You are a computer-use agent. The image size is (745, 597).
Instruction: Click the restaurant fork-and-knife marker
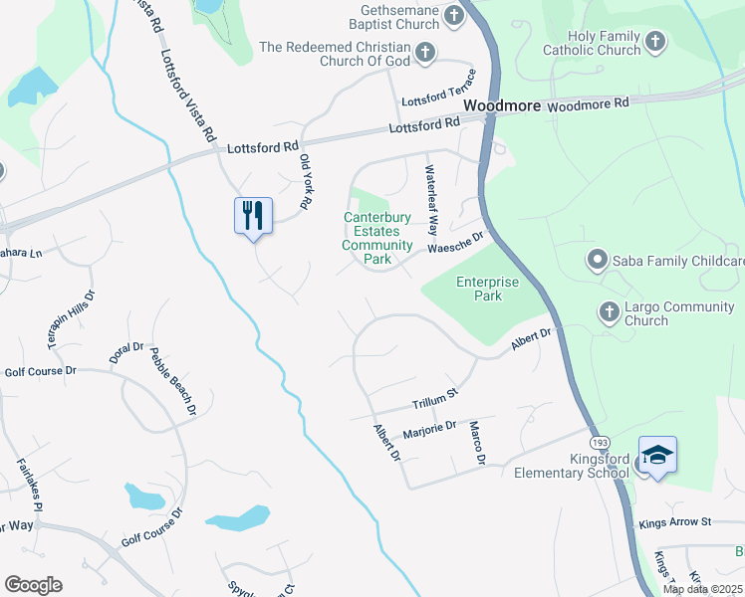[x=252, y=216]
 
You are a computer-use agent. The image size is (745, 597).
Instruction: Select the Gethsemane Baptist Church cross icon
[x=454, y=16]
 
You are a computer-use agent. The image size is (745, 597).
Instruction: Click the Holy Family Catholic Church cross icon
[x=654, y=41]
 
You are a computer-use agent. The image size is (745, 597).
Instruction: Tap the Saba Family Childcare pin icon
[x=598, y=261]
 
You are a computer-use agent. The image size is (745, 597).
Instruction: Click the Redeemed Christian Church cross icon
[x=425, y=53]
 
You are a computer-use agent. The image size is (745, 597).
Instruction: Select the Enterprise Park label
[x=487, y=289]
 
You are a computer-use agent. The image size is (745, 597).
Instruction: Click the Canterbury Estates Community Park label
[x=378, y=238]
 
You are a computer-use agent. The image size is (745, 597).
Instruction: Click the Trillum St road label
[x=434, y=399]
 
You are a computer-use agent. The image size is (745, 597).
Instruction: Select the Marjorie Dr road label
[x=429, y=431]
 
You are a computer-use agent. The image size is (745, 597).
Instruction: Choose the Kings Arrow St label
[x=675, y=521]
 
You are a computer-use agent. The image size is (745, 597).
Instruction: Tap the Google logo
[x=33, y=585]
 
